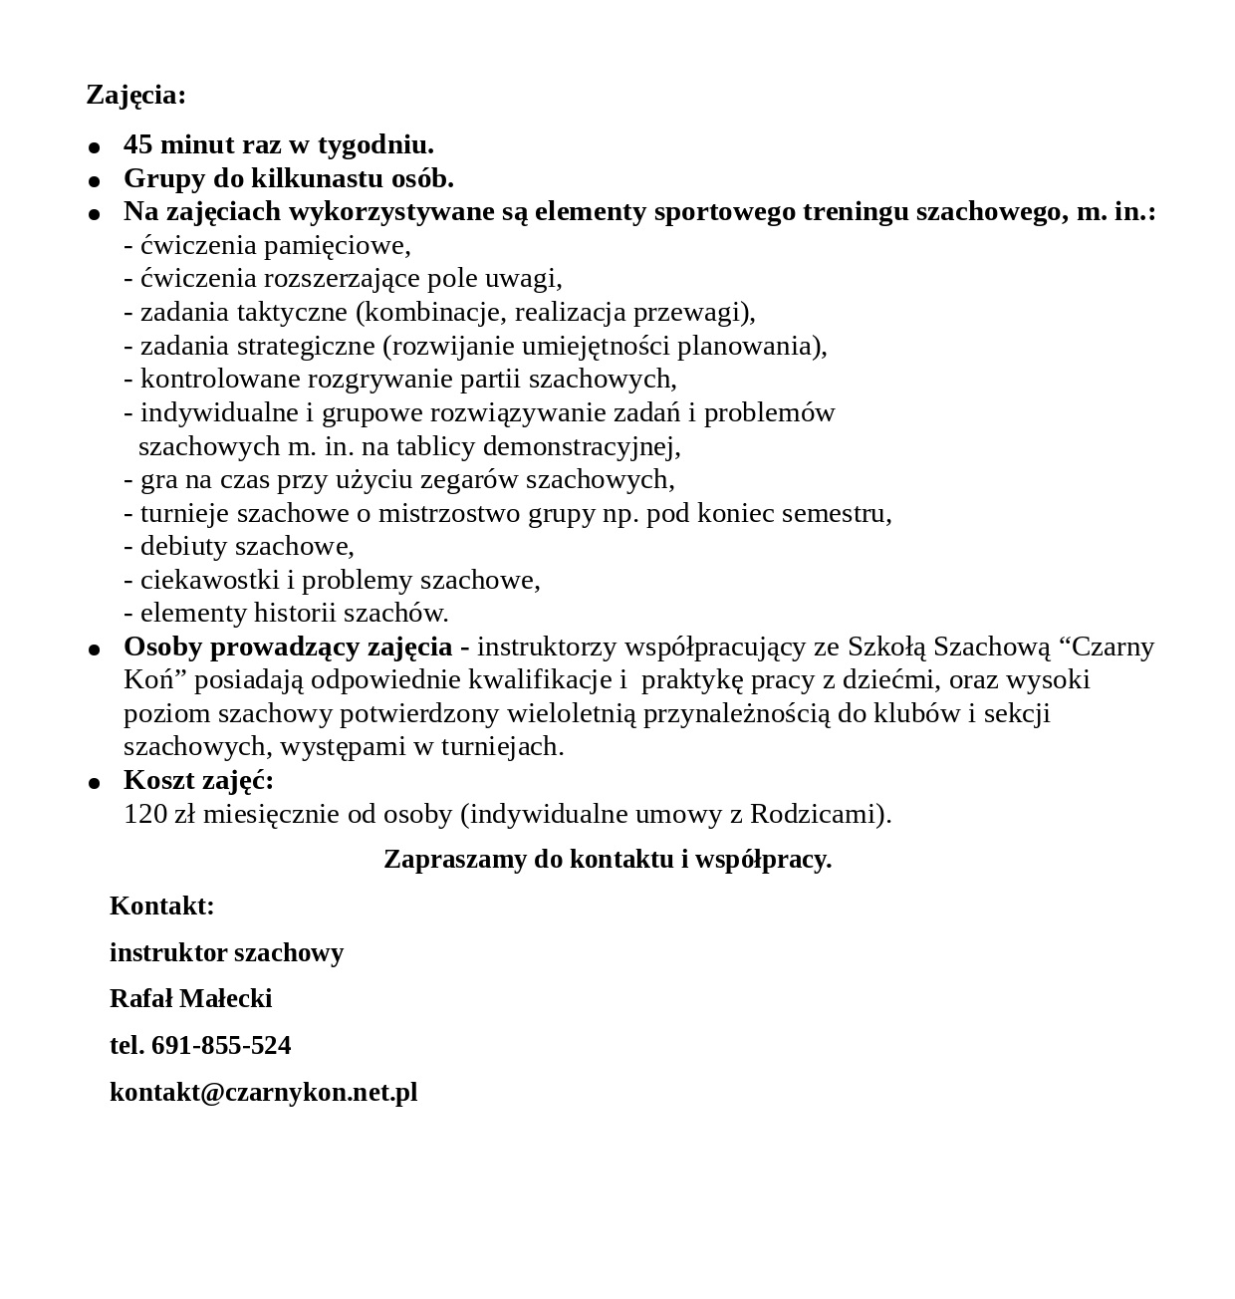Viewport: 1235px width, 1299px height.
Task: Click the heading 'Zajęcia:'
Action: tap(135, 96)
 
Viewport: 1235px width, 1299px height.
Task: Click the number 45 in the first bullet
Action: tap(138, 145)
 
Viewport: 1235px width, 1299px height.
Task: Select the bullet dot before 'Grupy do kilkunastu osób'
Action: tap(95, 181)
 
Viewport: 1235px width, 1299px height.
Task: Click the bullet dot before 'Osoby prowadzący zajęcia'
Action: tap(95, 649)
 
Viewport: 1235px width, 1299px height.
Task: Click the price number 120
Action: tap(145, 815)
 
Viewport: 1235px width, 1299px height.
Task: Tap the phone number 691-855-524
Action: tap(221, 1046)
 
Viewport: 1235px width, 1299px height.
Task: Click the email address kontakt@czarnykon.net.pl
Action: tap(263, 1093)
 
